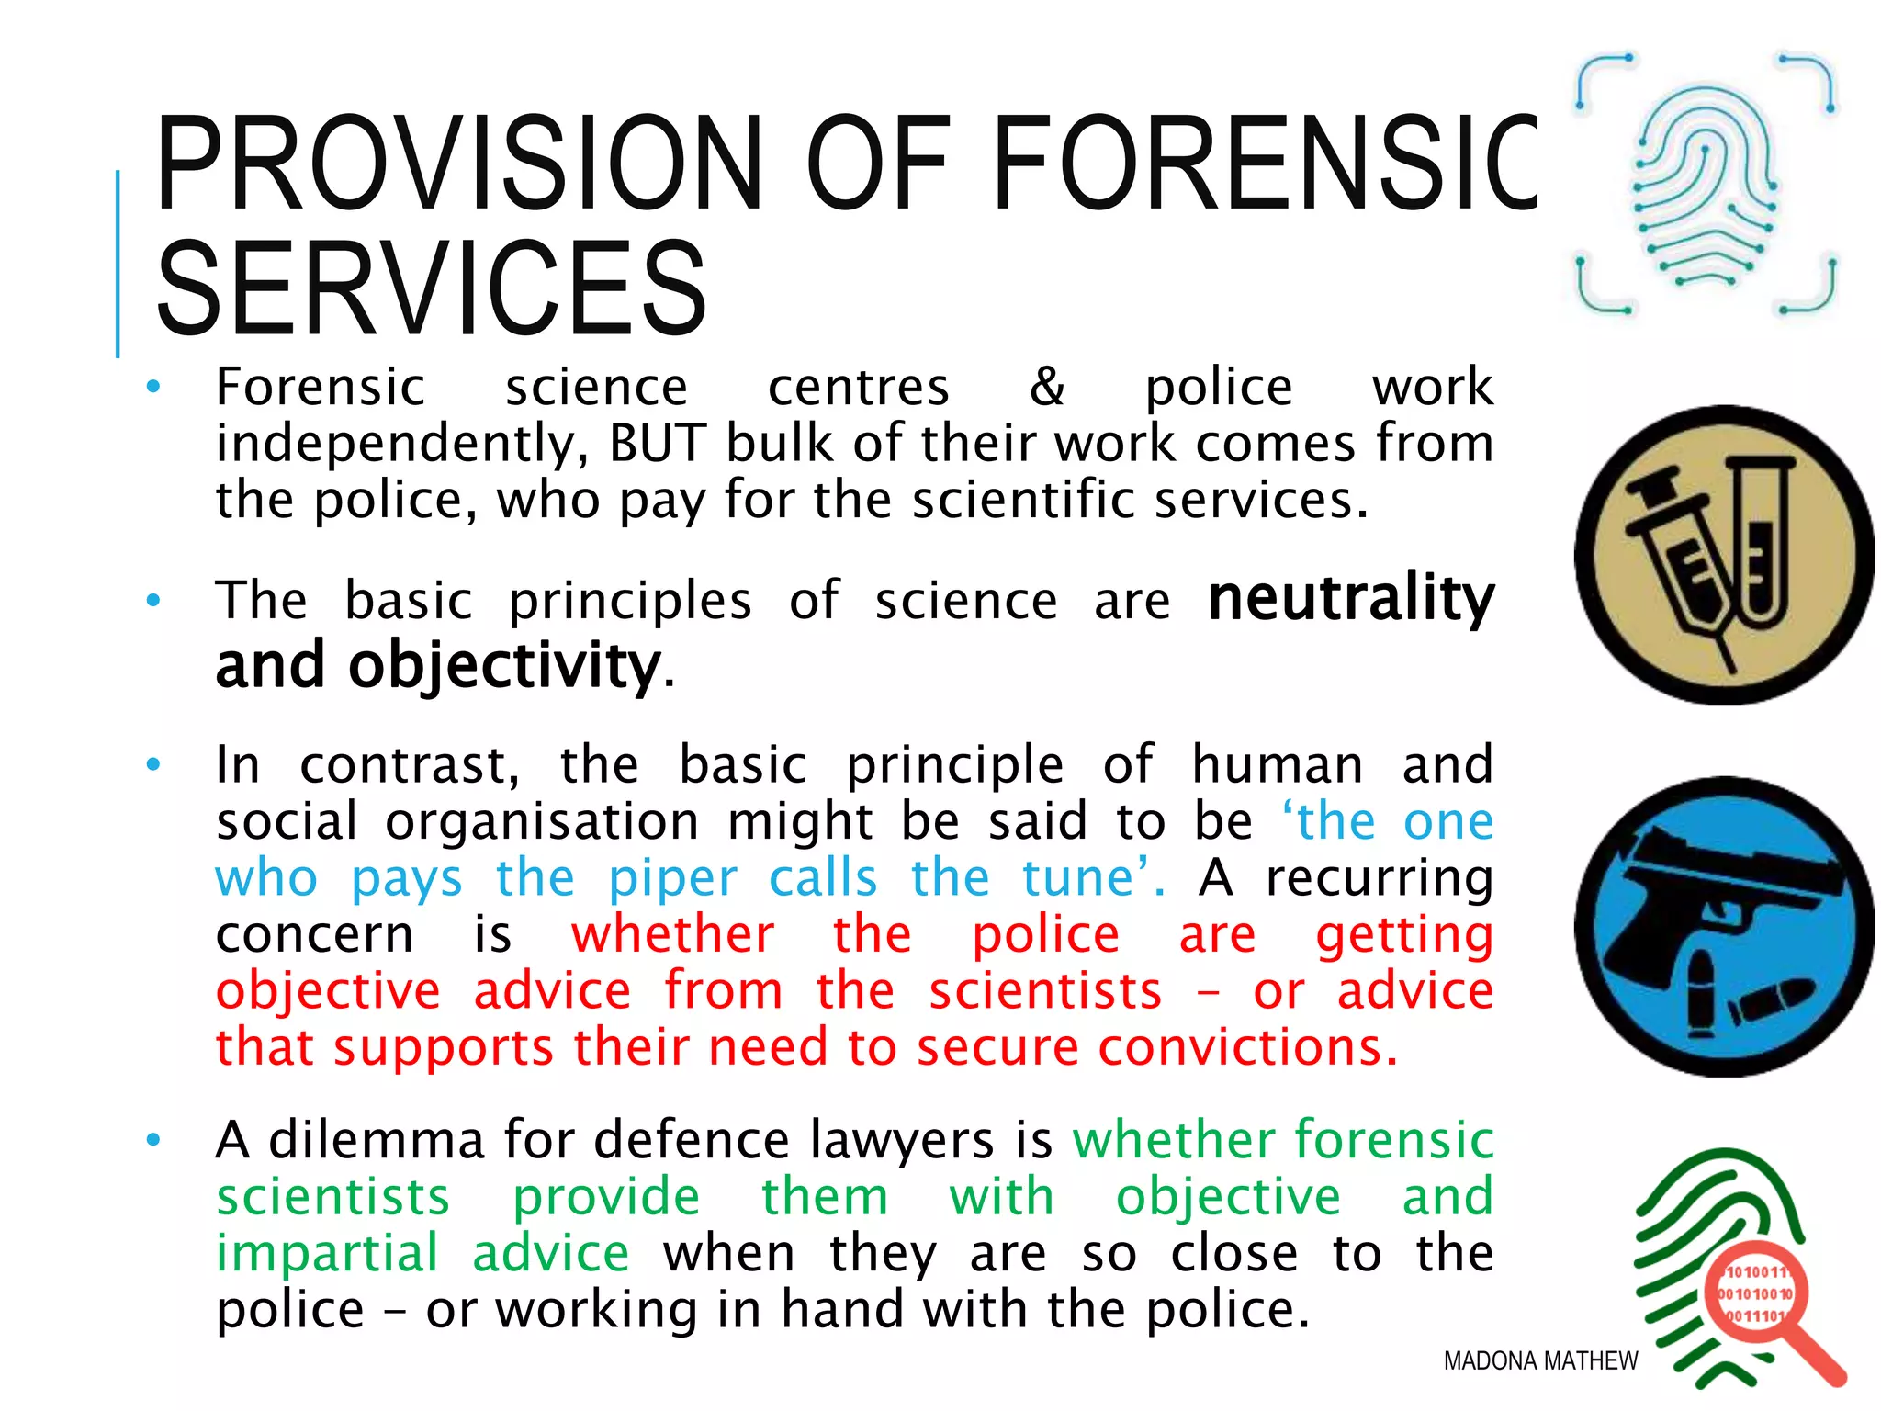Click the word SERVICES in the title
[432, 288]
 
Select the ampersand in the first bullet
[1047, 386]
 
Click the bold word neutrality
[1351, 599]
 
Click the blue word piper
[673, 878]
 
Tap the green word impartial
[327, 1253]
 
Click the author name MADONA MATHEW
[1540, 1360]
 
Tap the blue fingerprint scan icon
[1706, 184]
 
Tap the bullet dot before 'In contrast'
[153, 764]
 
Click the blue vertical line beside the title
[118, 264]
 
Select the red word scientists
[1045, 991]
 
